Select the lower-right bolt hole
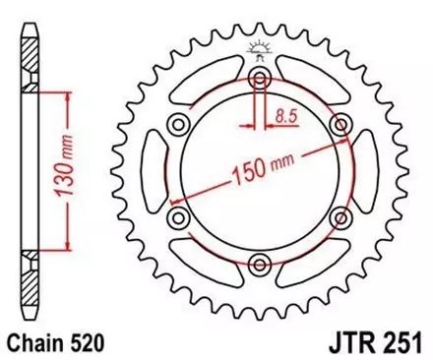[x=340, y=216]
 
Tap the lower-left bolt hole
[x=179, y=216]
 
